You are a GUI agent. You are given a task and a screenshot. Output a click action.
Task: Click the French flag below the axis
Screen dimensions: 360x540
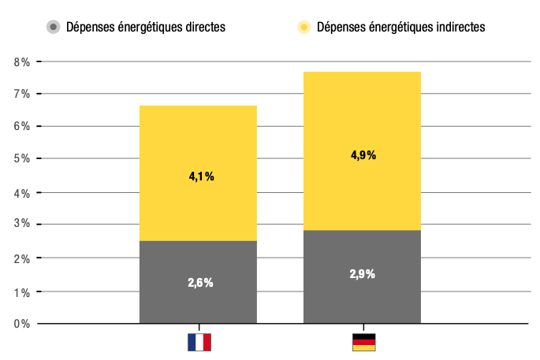click(x=199, y=342)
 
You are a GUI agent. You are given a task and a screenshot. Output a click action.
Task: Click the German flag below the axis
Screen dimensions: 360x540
click(x=363, y=342)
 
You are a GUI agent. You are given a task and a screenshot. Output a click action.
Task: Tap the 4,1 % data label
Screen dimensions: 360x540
click(x=201, y=176)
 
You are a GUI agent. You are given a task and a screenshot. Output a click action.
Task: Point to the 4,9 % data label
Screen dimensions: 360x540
click(x=363, y=155)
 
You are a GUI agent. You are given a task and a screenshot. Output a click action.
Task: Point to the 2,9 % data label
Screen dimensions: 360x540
click(x=363, y=274)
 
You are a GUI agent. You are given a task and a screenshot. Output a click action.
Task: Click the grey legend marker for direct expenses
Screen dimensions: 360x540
click(x=54, y=27)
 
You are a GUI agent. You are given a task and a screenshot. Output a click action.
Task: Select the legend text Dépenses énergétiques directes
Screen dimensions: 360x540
click(x=146, y=27)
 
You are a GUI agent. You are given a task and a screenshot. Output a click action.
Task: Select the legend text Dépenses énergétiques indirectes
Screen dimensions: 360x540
click(x=400, y=27)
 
